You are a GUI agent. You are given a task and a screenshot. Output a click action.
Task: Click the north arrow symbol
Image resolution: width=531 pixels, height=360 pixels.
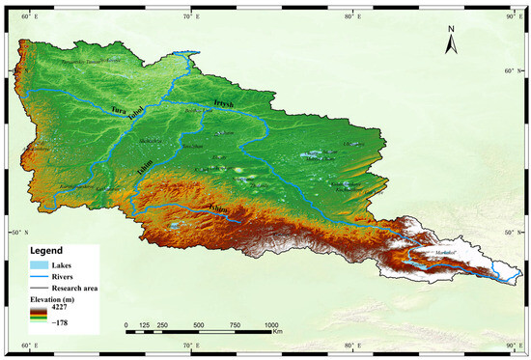point(451,42)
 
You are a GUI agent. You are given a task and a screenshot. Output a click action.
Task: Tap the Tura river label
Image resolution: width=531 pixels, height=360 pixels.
point(121,111)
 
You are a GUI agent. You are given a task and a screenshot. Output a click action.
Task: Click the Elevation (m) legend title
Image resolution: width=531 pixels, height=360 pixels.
point(57,300)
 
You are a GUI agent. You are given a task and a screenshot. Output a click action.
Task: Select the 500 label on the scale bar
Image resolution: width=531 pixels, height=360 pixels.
point(199,325)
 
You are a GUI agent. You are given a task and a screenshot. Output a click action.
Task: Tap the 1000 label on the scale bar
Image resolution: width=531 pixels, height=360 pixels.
point(271,325)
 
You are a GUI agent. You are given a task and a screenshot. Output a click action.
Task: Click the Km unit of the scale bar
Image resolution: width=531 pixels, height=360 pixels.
point(276,333)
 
